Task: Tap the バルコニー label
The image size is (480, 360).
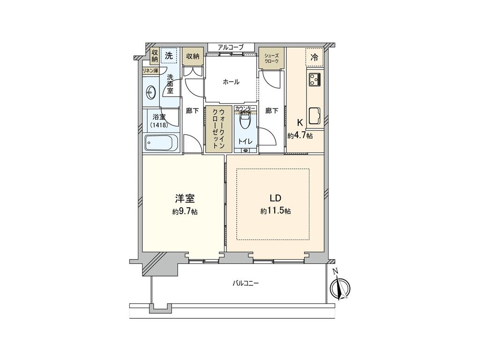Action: tap(245, 283)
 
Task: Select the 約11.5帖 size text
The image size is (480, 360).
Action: tap(276, 211)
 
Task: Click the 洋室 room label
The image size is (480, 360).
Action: tap(185, 199)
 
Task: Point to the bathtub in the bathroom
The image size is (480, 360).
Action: tap(162, 143)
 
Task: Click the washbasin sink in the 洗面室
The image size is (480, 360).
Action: tap(150, 91)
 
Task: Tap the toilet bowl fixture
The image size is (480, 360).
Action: tap(245, 120)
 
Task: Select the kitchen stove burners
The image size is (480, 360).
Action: tap(315, 79)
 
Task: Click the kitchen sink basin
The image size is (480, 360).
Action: tap(315, 116)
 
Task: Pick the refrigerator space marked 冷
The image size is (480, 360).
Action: tap(314, 57)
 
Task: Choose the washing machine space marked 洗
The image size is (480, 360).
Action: tap(169, 56)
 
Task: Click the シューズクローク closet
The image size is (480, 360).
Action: tap(272, 58)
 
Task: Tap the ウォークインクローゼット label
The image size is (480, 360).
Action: tap(218, 128)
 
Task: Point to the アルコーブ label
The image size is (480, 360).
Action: tap(231, 47)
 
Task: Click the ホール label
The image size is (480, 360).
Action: tap(231, 82)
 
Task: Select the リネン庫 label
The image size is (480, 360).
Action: tap(150, 71)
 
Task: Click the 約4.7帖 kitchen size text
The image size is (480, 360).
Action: tap(300, 135)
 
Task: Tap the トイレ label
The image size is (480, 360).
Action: tap(245, 141)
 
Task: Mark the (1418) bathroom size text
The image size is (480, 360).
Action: tap(159, 125)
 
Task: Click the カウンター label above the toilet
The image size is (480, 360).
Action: tap(245, 108)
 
